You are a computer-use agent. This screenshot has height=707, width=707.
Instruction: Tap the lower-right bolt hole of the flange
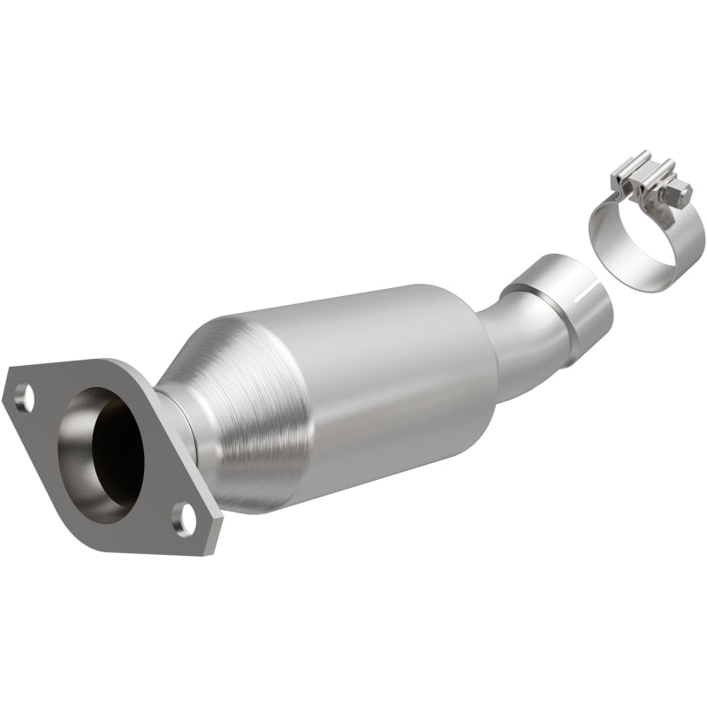185,519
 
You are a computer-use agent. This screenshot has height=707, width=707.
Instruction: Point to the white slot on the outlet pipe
584,293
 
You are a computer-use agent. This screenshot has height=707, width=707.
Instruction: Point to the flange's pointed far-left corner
6,389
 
